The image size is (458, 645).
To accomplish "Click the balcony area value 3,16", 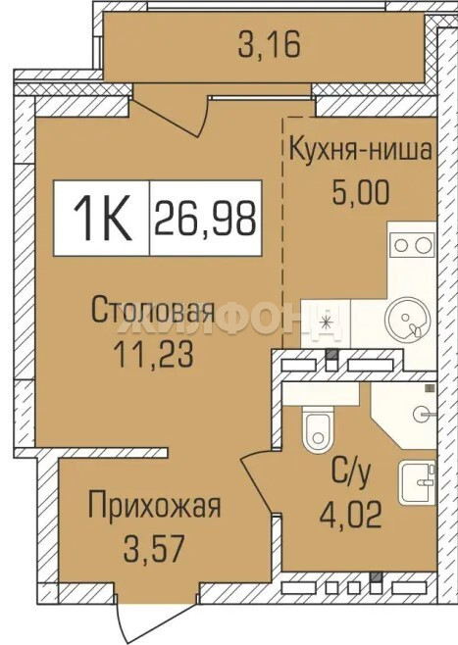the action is [x=270, y=45].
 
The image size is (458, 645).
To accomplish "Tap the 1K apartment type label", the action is [x=102, y=218].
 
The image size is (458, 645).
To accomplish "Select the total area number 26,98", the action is [x=205, y=219].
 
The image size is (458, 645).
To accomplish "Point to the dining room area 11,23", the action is [x=154, y=355].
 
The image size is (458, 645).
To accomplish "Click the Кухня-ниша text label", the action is [x=361, y=150].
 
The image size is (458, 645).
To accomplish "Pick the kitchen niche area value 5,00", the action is [x=361, y=193].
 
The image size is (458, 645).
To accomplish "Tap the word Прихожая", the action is [x=155, y=506].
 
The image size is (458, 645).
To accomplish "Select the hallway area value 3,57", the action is [x=153, y=549].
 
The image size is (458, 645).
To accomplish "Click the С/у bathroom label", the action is [x=351, y=473].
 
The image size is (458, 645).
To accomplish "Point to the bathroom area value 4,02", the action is [x=351, y=515].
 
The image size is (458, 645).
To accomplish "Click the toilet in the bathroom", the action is [x=317, y=428].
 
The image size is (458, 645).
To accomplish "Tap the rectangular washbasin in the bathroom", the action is [x=417, y=482].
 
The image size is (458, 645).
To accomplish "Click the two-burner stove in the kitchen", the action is [x=412, y=245].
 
